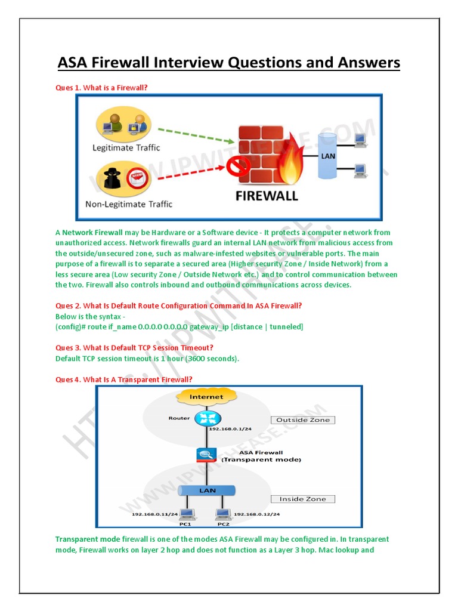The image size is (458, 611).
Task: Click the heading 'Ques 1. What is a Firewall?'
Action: [101, 88]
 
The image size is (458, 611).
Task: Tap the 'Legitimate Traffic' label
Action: [126, 147]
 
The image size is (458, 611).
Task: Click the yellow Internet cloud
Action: [206, 396]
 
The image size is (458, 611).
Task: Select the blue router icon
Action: [207, 418]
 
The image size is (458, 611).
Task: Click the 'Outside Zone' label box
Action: [303, 420]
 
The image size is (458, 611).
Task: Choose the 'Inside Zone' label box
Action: [303, 499]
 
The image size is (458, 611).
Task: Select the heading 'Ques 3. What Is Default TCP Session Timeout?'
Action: [134, 348]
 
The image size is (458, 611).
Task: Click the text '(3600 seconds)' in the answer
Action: [211, 359]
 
